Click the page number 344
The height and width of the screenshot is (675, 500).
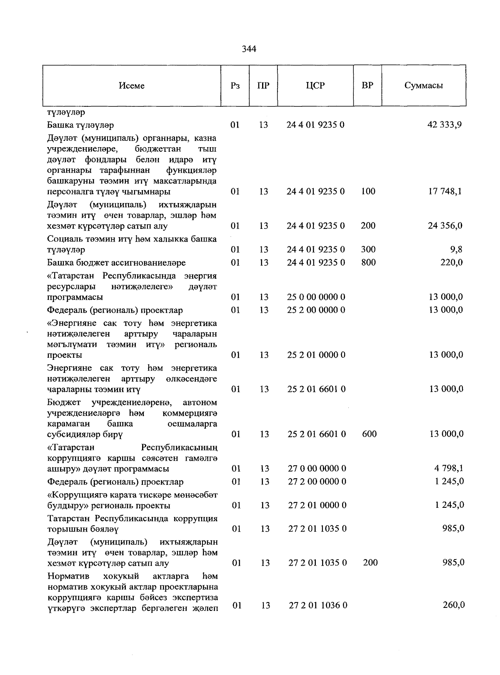[249, 49]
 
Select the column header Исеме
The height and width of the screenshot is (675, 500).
[132, 85]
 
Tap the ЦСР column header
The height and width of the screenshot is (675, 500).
[315, 85]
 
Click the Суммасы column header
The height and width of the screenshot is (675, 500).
[423, 85]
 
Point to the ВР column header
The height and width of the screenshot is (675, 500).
[367, 85]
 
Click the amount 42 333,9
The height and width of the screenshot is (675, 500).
[445, 125]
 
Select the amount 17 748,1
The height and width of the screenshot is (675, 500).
[445, 191]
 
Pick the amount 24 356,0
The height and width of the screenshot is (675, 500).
[445, 226]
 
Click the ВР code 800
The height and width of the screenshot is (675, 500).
[368, 262]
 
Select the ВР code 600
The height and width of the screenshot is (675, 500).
[369, 434]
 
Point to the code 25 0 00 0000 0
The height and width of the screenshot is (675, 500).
[316, 297]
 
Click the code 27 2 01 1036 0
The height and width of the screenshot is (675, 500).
[318, 605]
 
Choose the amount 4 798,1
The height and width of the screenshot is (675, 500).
[449, 468]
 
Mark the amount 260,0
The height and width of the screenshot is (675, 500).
[453, 605]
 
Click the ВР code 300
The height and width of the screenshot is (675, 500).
[368, 249]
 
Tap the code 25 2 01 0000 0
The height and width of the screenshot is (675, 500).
[316, 355]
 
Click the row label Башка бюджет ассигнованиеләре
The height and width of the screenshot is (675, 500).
[116, 263]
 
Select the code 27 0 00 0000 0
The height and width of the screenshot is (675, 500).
[317, 469]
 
